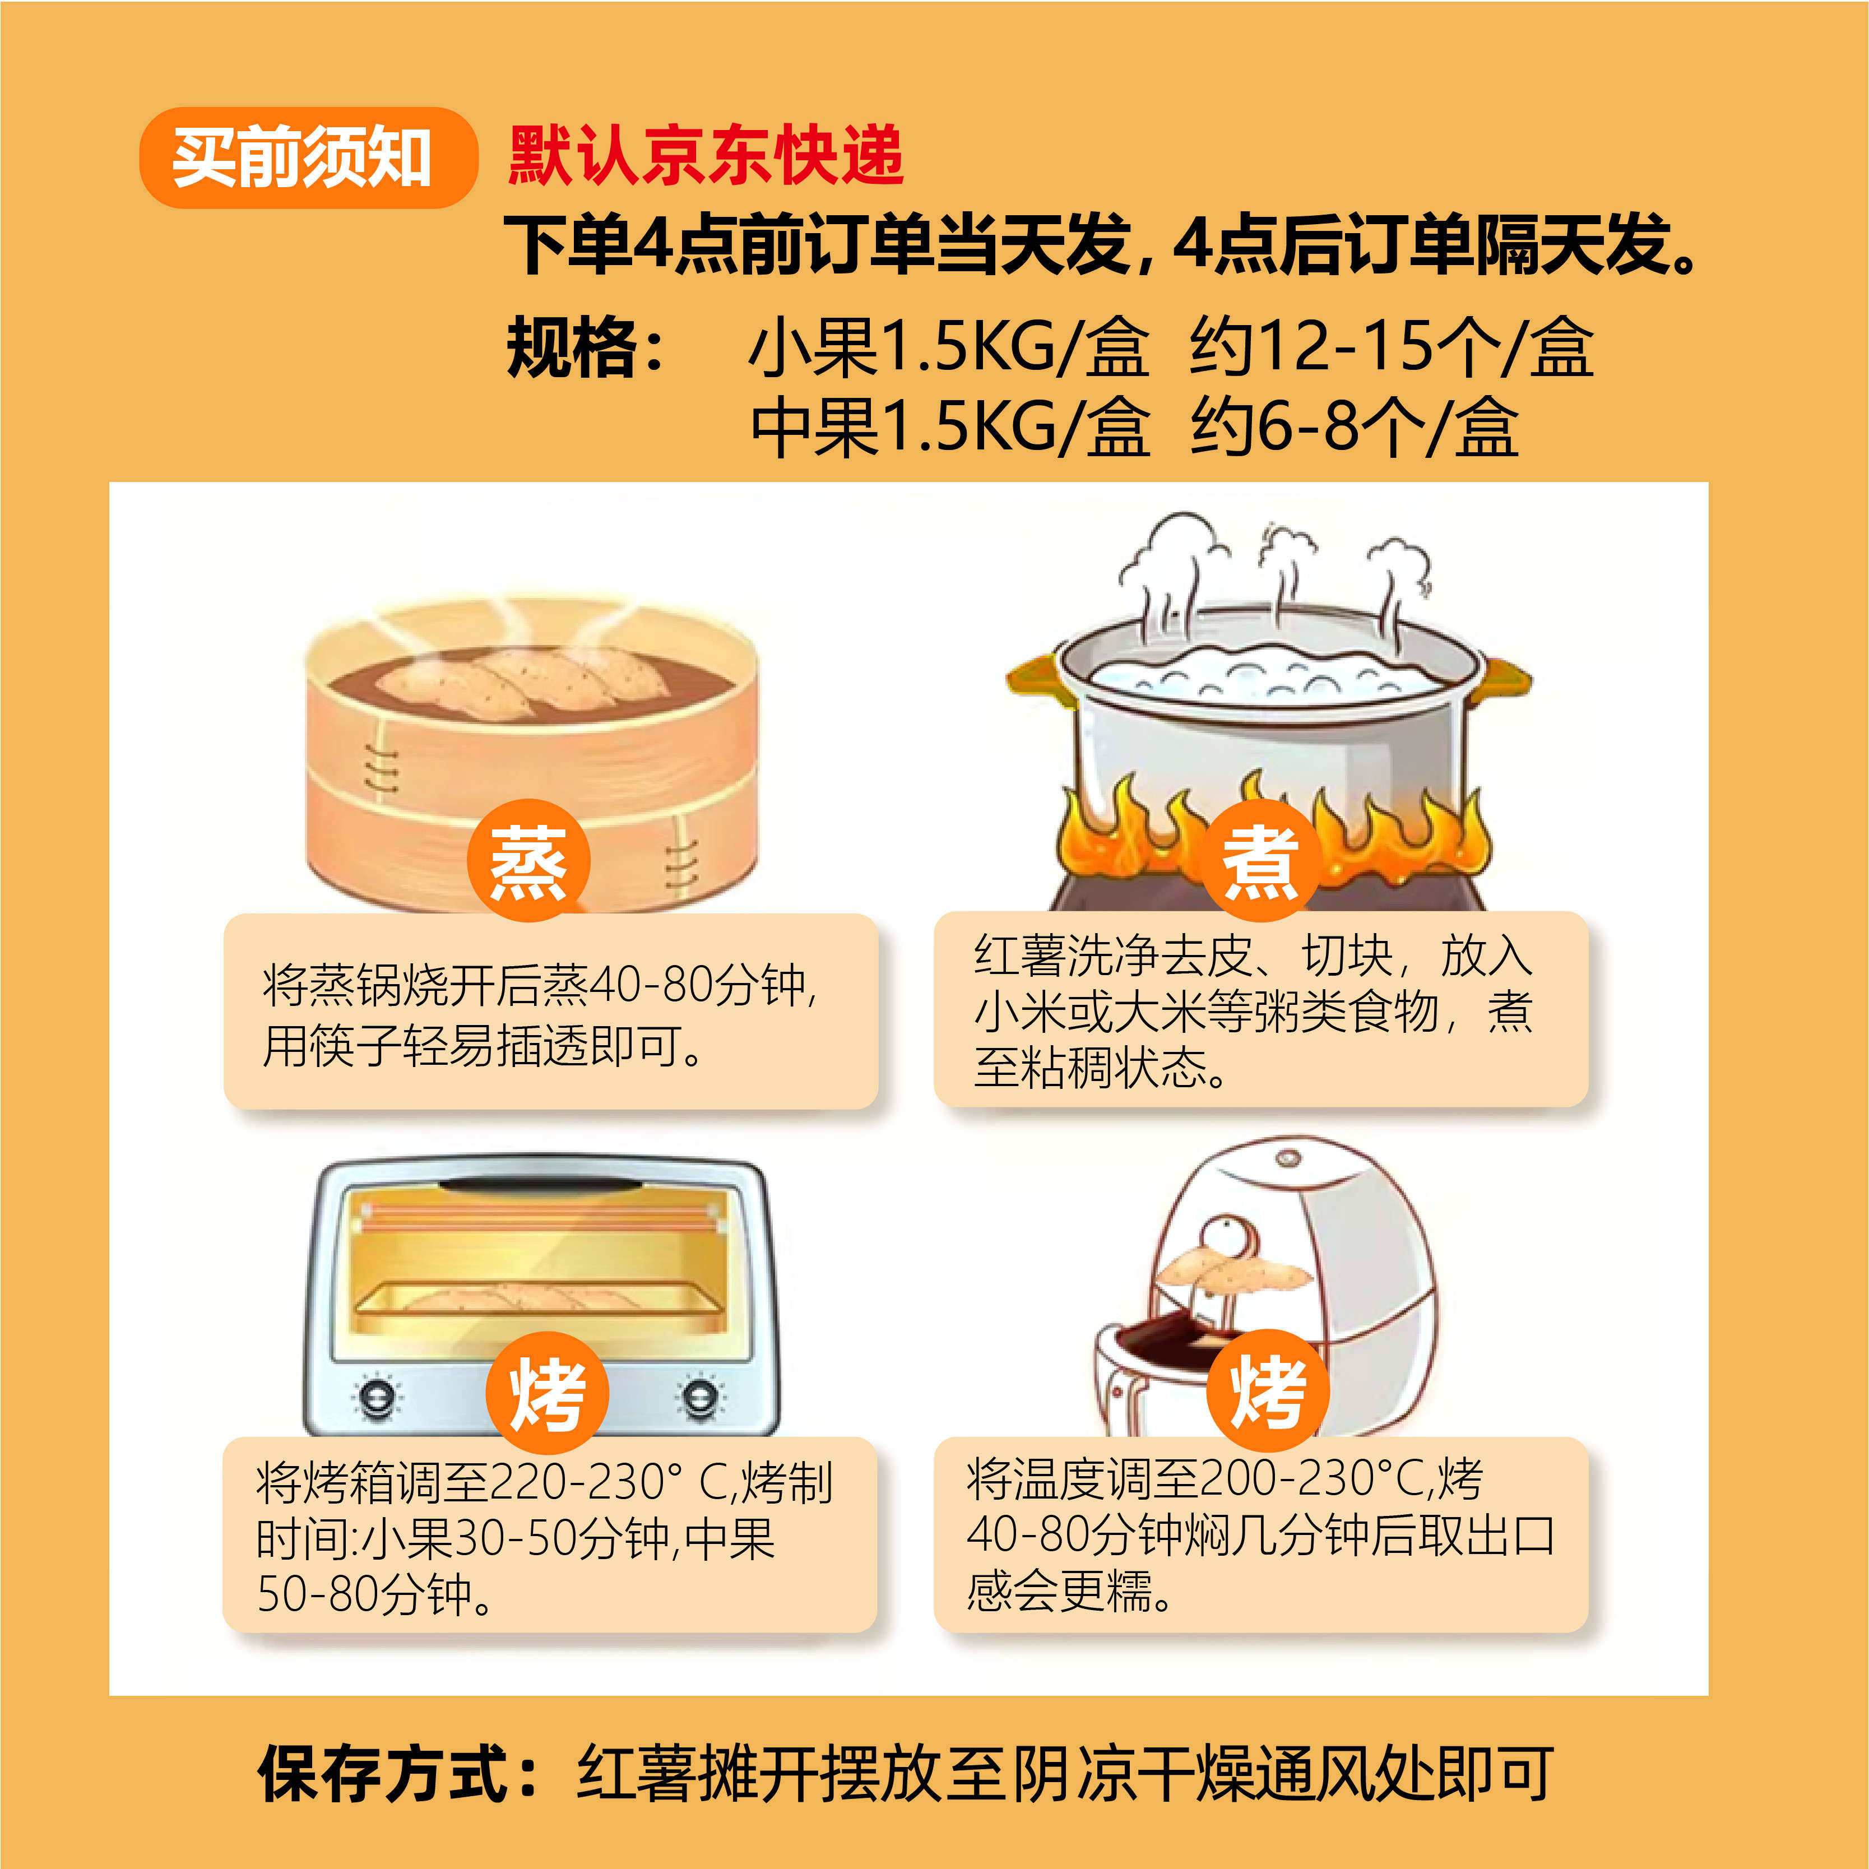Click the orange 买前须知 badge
tap(308, 157)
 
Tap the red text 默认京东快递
tap(705, 155)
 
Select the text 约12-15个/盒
tap(1390, 346)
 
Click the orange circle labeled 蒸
tap(528, 861)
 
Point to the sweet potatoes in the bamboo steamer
tap(522, 680)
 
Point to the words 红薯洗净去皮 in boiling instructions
tap(1112, 956)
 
